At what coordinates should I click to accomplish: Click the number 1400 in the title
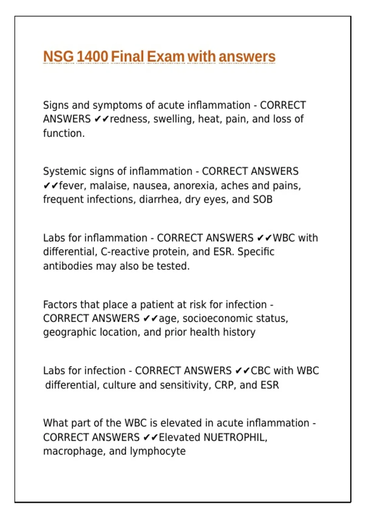[92, 57]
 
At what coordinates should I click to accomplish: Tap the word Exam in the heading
[166, 57]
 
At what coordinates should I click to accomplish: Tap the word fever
[71, 186]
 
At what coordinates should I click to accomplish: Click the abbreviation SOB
[262, 199]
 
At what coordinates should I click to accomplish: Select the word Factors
[60, 304]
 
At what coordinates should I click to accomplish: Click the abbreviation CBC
[261, 371]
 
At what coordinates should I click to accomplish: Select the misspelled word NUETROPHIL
[235, 437]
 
